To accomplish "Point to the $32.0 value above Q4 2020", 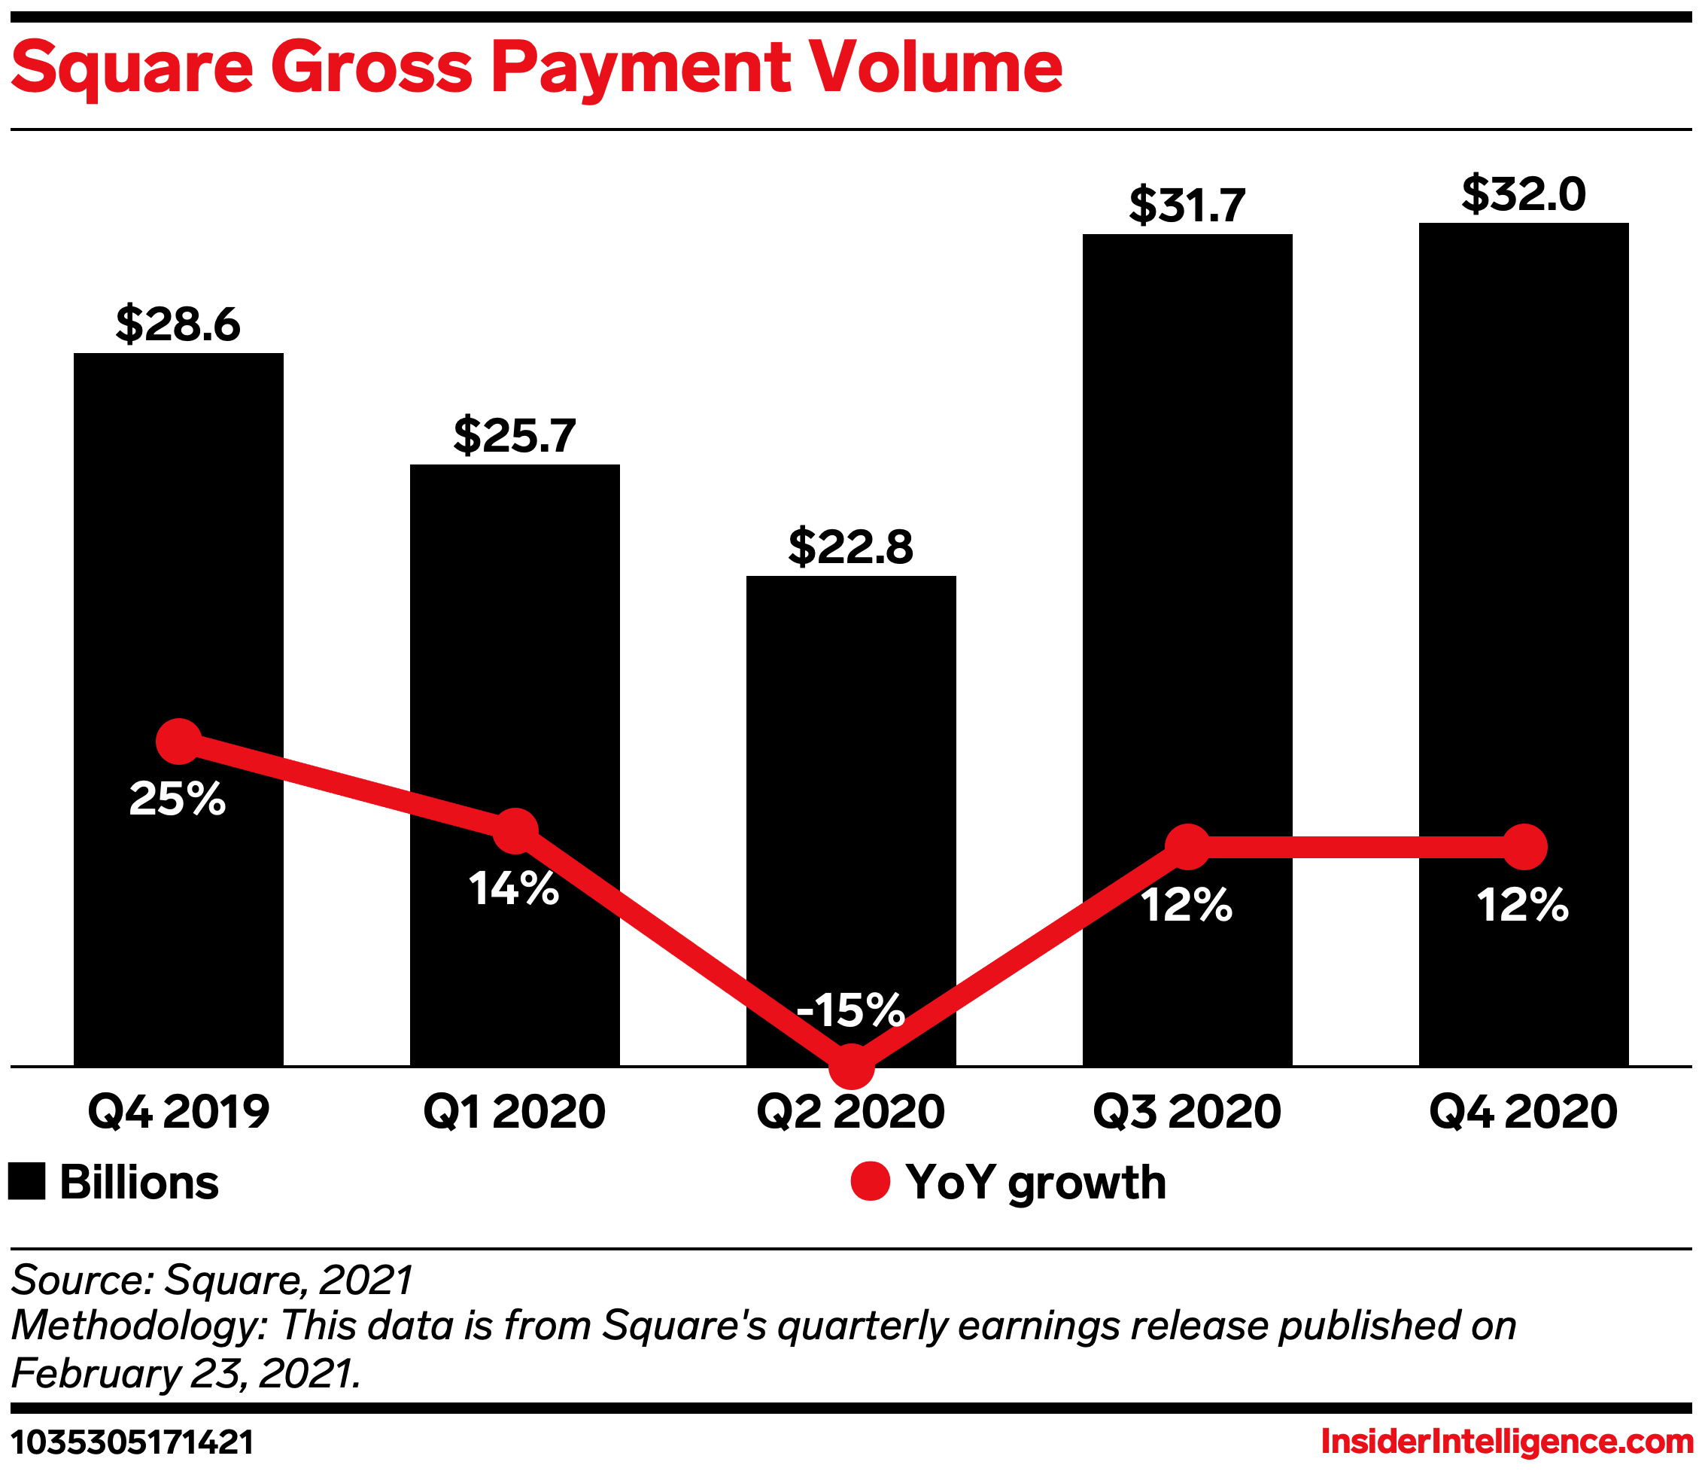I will coord(1524,195).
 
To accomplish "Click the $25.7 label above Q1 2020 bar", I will coord(515,435).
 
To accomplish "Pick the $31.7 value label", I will coord(1187,205).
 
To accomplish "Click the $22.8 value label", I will coord(851,547).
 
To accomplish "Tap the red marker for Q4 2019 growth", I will coord(178,741).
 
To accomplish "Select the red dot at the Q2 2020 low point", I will coord(851,1066).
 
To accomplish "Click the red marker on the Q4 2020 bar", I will coord(1524,846).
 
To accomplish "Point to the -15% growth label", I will coord(850,1010).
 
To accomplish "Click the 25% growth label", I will coord(178,799).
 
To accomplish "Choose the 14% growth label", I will coord(515,889).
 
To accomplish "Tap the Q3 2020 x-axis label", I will coord(1187,1112).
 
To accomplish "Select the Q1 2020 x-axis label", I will coord(515,1112).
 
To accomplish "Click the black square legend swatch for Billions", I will coord(26,1182).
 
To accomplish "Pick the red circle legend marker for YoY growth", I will coord(870,1182).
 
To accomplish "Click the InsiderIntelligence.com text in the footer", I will coord(1507,1441).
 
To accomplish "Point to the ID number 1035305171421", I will coord(132,1442).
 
